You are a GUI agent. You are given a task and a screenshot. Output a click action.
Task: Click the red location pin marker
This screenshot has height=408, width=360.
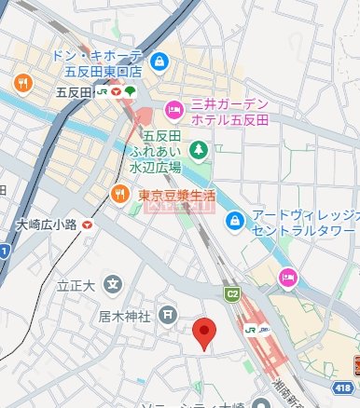coord(205,333)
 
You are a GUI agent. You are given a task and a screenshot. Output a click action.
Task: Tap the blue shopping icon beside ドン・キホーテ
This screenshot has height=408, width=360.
coord(160,61)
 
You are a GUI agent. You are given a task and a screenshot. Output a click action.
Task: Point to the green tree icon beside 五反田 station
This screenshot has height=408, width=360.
coord(130,92)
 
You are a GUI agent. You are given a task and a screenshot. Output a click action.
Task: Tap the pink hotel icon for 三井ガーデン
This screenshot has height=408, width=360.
coord(173,111)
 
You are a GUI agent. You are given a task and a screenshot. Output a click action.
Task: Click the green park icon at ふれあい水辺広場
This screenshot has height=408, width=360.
coord(197,149)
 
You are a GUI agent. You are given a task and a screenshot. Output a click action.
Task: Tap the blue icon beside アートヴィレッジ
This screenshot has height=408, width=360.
coord(235,220)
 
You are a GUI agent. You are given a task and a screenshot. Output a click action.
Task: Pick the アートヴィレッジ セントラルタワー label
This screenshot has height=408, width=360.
coord(300,220)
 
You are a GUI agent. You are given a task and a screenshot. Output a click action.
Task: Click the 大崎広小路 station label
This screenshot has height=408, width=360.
coord(47,224)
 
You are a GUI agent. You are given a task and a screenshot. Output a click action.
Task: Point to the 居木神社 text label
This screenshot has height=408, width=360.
coord(125,316)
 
